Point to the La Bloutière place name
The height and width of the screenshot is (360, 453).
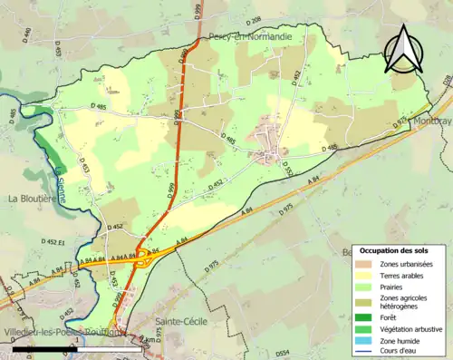click(33, 198)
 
